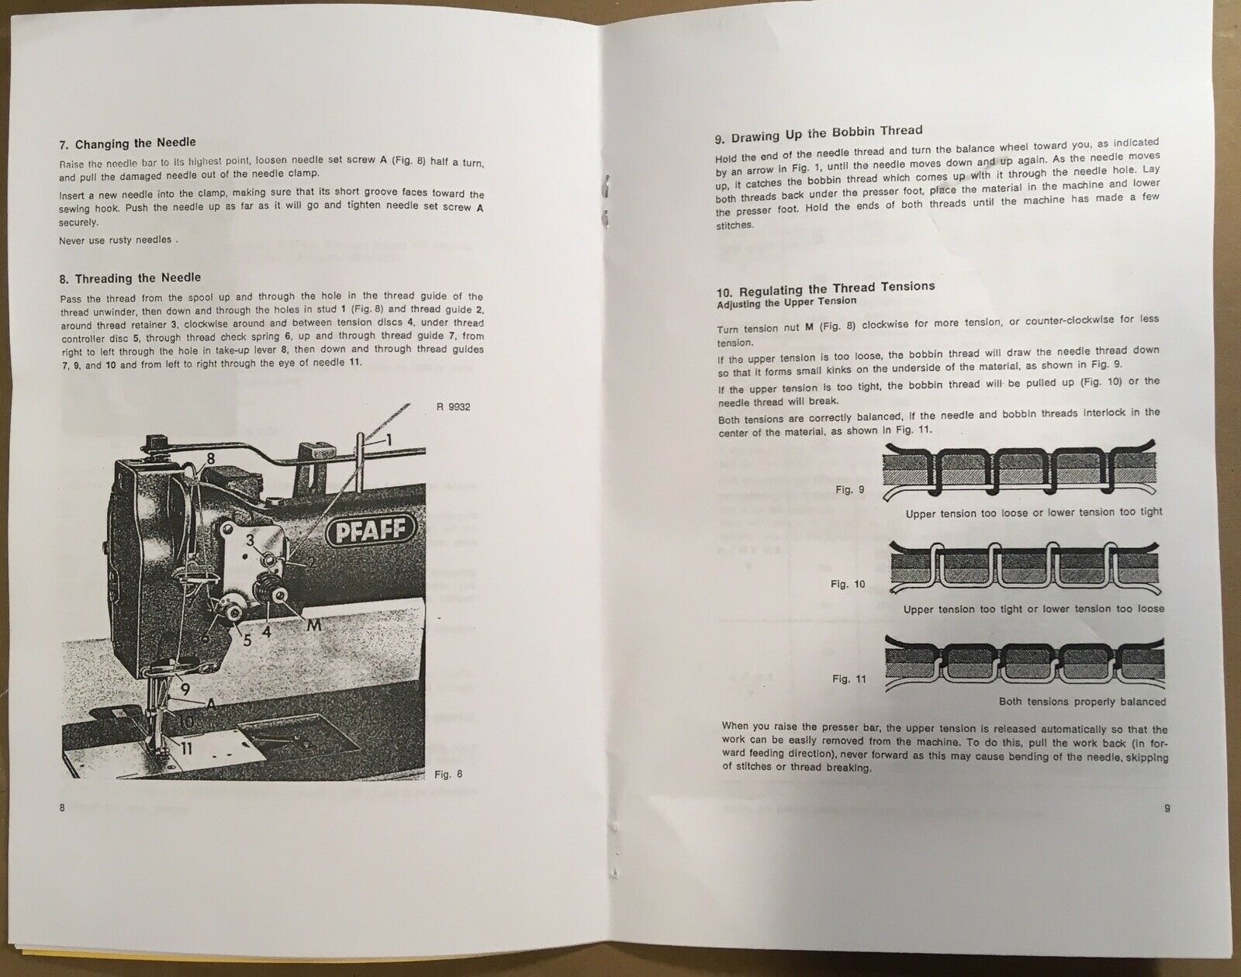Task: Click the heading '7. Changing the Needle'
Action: click(127, 143)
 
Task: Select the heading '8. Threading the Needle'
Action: click(130, 278)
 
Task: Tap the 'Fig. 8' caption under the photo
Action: click(448, 774)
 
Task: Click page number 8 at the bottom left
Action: click(62, 807)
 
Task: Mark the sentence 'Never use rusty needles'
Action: click(117, 240)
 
